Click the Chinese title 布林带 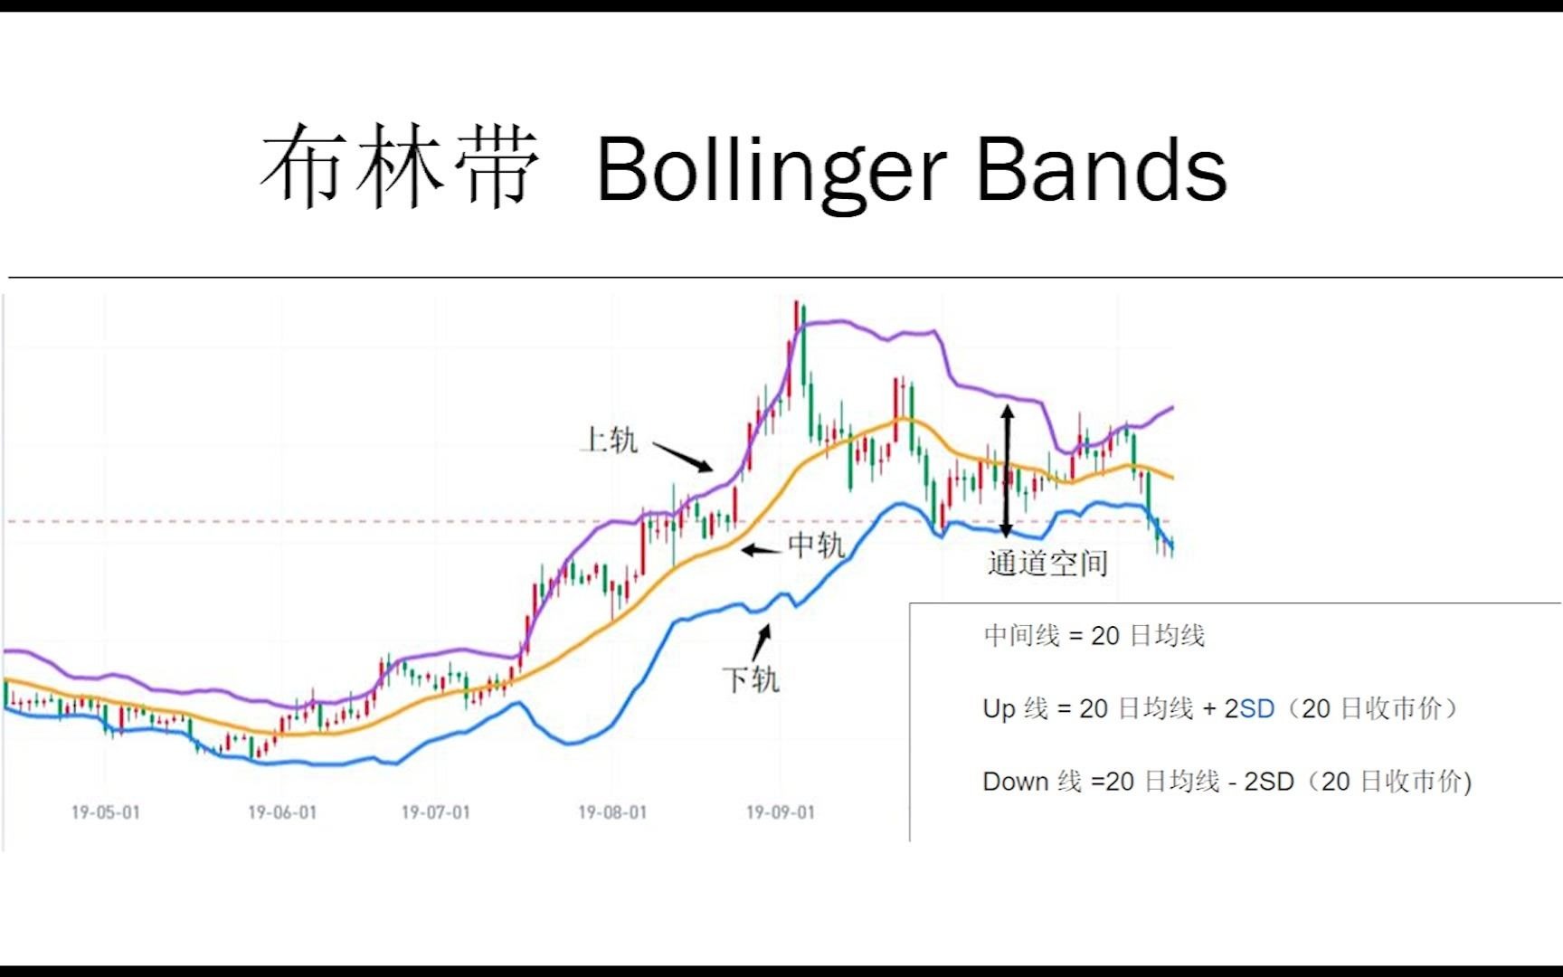[x=401, y=166]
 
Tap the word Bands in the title [x=1102, y=168]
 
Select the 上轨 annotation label [x=610, y=440]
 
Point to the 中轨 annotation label [x=816, y=545]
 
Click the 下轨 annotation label [x=751, y=678]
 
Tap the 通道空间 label [x=1047, y=563]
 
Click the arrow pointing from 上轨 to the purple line [x=683, y=457]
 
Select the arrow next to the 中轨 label [x=762, y=549]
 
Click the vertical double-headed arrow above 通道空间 [x=1007, y=471]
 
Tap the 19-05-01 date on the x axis [x=106, y=812]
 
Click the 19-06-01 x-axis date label [x=282, y=812]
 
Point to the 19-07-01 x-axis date [x=436, y=812]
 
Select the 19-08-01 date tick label [x=612, y=812]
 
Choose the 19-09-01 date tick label [x=780, y=812]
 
